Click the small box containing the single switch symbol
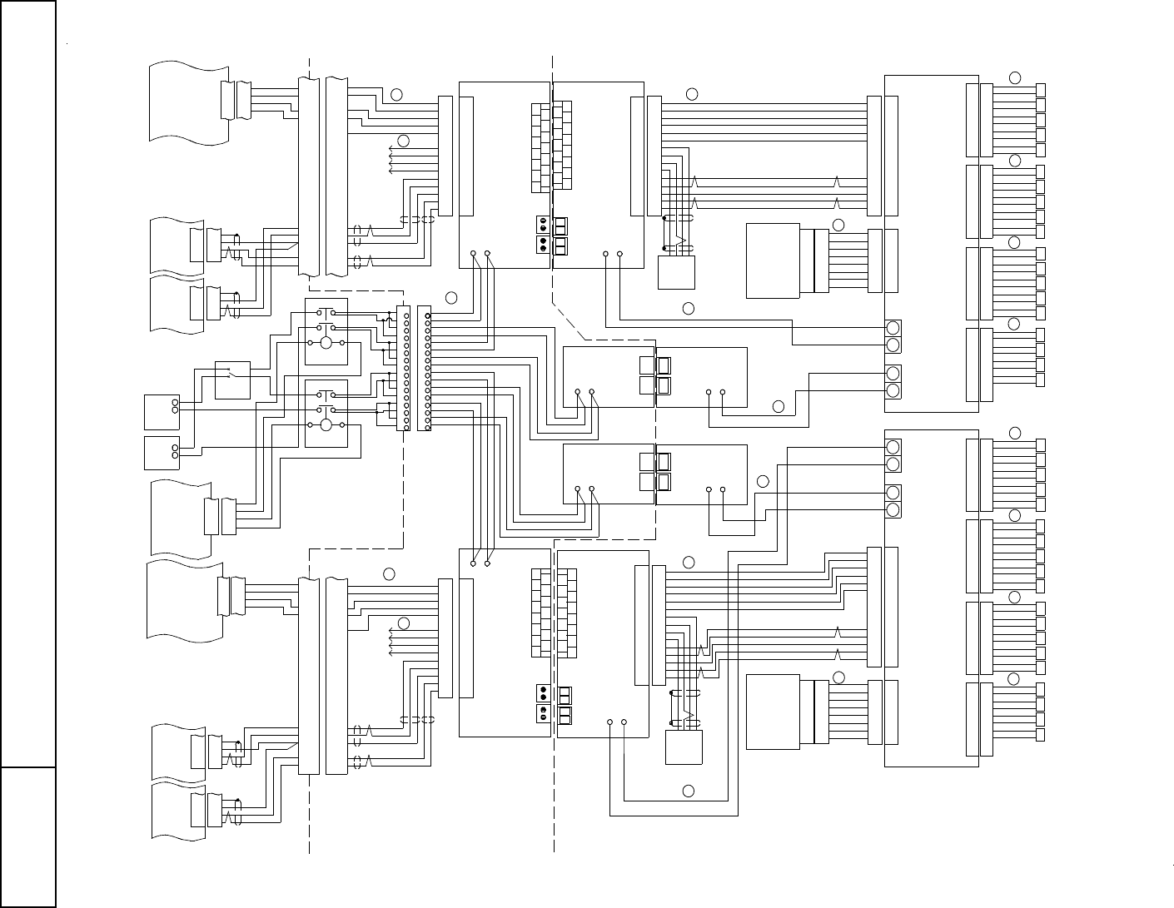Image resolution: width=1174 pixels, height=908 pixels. pos(232,380)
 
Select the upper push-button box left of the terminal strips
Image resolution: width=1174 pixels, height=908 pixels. pos(326,330)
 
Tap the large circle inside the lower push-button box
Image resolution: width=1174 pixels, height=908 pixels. pos(326,425)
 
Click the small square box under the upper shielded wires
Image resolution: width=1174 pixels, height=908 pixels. pos(676,272)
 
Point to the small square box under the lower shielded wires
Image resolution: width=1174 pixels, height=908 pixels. pos(684,747)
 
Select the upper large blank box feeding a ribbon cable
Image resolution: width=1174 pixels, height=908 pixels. pos(773,260)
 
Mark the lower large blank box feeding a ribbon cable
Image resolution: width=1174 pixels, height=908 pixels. pos(773,712)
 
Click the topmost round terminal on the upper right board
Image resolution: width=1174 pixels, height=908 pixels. pos(893,327)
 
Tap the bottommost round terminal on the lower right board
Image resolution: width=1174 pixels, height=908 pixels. pos(893,509)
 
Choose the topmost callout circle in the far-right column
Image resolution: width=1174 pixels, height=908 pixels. pos(1014,77)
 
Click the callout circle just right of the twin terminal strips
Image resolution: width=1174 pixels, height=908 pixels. pos(450,297)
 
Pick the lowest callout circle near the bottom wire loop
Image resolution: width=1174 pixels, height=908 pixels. pos(689,790)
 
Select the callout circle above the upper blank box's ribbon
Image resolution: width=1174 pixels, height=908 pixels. pos(838,225)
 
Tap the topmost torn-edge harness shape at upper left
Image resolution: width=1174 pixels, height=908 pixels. pos(188,102)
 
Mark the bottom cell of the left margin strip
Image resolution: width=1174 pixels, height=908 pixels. pos(27,836)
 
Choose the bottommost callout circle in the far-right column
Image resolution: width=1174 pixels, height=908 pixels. pos(1013,679)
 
